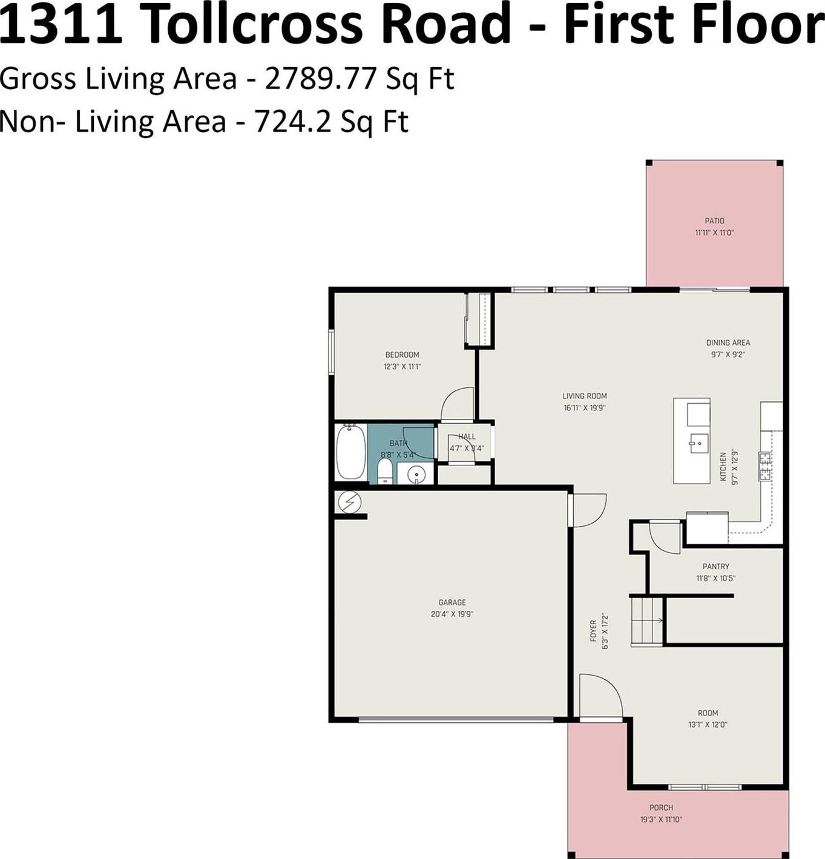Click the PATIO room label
714,221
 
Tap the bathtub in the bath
351,452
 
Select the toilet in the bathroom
384,471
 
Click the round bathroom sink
416,475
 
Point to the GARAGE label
452,602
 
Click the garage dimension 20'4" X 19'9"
452,614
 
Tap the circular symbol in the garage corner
350,502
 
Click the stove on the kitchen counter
765,467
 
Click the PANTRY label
716,567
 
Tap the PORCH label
661,808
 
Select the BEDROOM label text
402,355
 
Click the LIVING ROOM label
585,396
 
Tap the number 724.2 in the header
292,122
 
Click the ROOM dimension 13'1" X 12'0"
708,725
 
